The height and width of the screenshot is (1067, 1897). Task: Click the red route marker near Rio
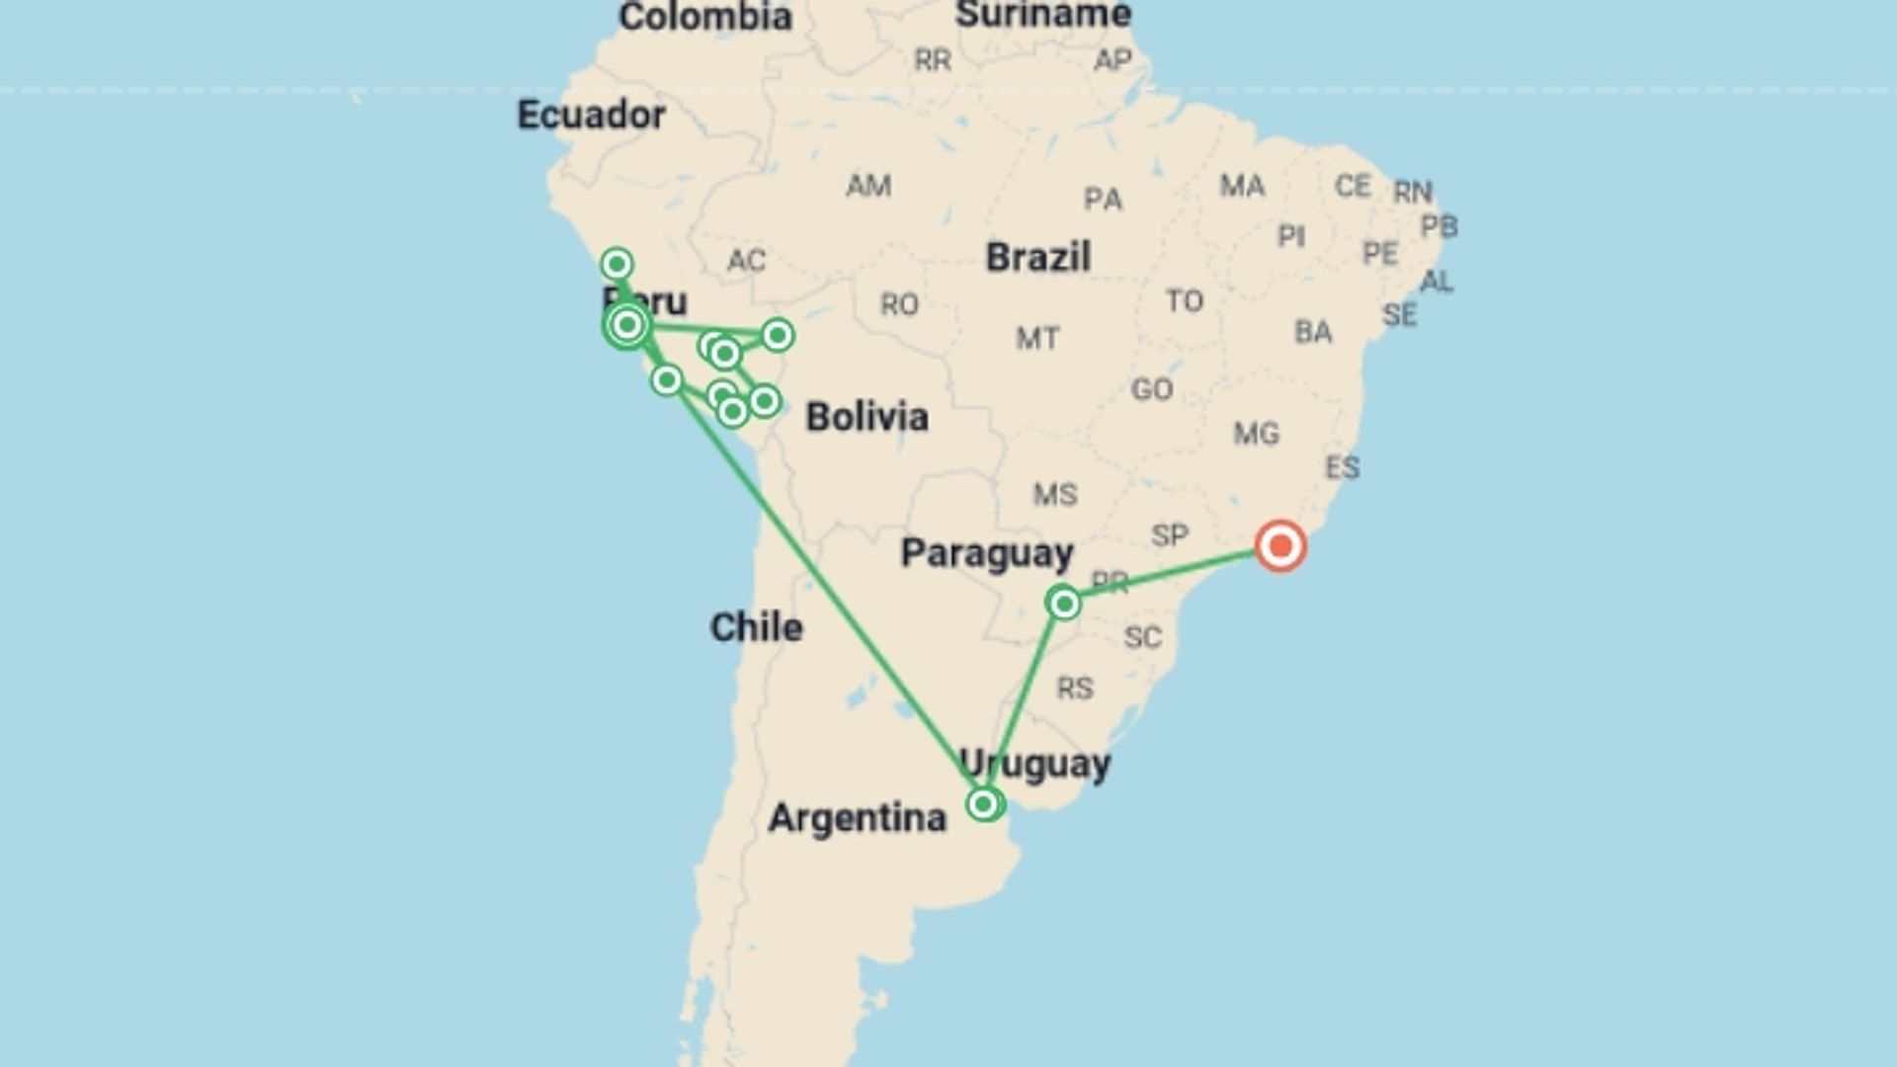[x=1280, y=546]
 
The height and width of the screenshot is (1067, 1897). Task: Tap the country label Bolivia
[x=866, y=417]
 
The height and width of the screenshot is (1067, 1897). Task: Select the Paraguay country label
[x=986, y=553]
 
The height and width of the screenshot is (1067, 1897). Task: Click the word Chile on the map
[x=756, y=627]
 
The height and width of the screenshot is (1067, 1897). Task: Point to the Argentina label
[x=857, y=818]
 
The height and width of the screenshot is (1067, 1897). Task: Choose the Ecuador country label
[x=591, y=115]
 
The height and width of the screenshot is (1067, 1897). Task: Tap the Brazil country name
[x=1037, y=258]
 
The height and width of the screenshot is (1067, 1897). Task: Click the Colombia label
[x=704, y=17]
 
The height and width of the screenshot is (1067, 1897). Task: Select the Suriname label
[x=1043, y=15]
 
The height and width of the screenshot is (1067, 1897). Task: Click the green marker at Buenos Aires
[x=983, y=804]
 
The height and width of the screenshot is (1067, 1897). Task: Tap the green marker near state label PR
[x=1064, y=603]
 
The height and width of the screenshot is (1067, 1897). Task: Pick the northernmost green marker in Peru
[x=617, y=264]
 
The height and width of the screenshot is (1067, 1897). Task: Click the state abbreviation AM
[x=868, y=186]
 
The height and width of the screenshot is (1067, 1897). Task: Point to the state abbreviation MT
[x=1037, y=339]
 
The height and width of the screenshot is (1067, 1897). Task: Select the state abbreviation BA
[x=1313, y=332]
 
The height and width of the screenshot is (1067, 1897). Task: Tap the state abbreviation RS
[x=1075, y=688]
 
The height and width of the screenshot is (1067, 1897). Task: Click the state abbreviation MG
[x=1256, y=433]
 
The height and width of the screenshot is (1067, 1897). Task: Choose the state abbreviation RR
[x=933, y=60]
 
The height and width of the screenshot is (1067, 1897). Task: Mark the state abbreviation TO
[x=1184, y=300]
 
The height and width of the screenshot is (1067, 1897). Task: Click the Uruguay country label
[x=1034, y=764]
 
